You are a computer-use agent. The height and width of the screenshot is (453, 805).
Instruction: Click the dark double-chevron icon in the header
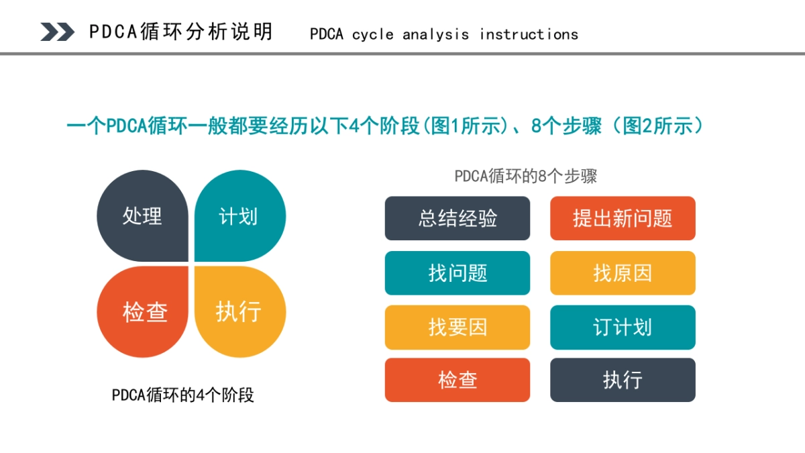pyautogui.click(x=57, y=32)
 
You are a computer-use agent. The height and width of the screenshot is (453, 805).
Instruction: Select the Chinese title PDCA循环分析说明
pyautogui.click(x=181, y=32)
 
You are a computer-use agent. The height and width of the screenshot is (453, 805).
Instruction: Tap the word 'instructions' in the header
pyautogui.click(x=529, y=34)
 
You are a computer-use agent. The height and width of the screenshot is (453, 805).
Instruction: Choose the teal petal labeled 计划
pyautogui.click(x=239, y=216)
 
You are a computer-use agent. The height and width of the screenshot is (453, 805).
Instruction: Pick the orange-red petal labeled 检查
pyautogui.click(x=144, y=312)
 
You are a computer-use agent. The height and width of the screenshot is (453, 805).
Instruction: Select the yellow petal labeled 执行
pyautogui.click(x=239, y=312)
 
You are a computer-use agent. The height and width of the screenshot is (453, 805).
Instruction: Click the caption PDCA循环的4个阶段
pyautogui.click(x=183, y=395)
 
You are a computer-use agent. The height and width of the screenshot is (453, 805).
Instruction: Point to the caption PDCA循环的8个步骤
pyautogui.click(x=525, y=177)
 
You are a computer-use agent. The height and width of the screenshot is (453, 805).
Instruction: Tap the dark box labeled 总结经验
pyautogui.click(x=458, y=218)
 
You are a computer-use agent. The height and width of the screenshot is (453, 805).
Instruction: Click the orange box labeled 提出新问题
pyautogui.click(x=623, y=218)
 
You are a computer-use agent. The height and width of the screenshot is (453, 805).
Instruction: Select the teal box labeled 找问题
pyautogui.click(x=458, y=273)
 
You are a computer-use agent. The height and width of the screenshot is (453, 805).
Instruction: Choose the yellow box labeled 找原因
pyautogui.click(x=623, y=273)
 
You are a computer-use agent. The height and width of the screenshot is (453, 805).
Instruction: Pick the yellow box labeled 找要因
pyautogui.click(x=458, y=328)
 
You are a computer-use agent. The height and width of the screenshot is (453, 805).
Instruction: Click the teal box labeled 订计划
pyautogui.click(x=623, y=328)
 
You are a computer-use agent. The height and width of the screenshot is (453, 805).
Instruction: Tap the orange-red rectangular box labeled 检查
pyautogui.click(x=458, y=380)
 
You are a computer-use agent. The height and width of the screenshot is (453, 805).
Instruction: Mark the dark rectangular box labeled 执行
pyautogui.click(x=623, y=380)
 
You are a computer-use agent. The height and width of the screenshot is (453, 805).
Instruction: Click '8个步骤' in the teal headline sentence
pyautogui.click(x=566, y=126)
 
